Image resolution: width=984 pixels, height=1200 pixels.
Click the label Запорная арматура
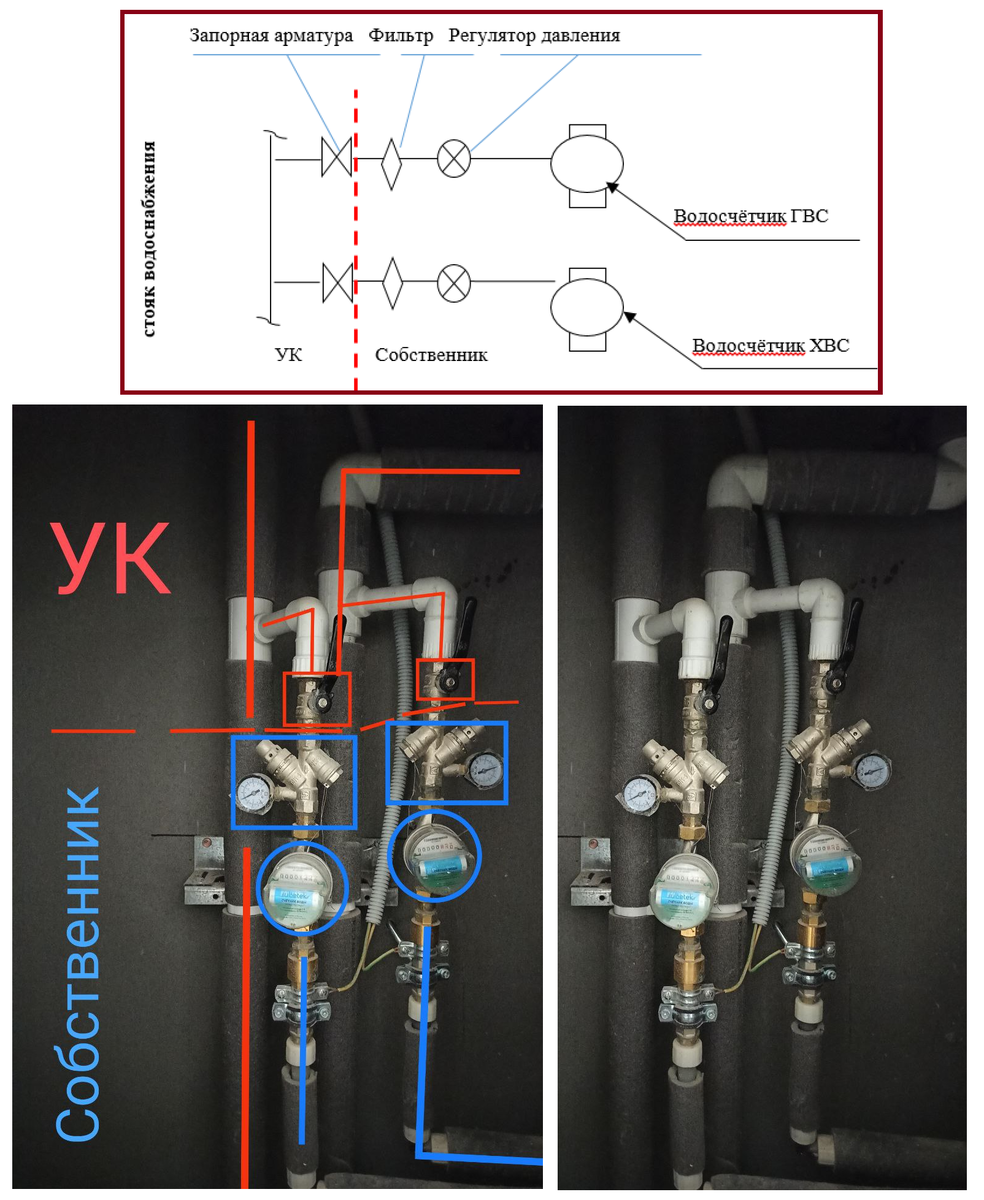pos(271,36)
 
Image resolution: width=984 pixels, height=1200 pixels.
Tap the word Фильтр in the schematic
pos(400,36)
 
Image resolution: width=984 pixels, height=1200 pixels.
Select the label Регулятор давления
pos(534,36)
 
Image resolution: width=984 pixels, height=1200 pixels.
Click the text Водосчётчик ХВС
pos(771,346)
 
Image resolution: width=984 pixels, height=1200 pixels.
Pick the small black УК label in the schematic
pos(288,355)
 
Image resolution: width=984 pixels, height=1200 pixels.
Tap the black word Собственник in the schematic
pos(431,355)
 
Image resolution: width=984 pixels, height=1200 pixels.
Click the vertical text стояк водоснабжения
pos(150,238)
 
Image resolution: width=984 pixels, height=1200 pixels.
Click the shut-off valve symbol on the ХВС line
pos(336,283)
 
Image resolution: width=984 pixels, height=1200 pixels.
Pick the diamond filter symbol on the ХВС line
pos(392,283)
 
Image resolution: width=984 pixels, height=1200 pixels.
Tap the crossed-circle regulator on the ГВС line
pos(454,159)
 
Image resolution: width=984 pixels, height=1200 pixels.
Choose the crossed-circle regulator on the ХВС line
pos(454,283)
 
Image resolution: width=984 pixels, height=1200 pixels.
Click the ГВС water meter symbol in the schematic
pos(586,165)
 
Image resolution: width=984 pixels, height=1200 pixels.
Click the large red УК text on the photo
pos(112,560)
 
